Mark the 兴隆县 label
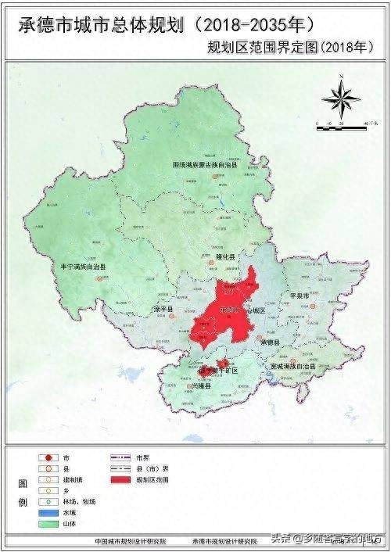(x=190, y=386)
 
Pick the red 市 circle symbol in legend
(x=49, y=457)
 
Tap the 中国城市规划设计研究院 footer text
(x=130, y=540)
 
